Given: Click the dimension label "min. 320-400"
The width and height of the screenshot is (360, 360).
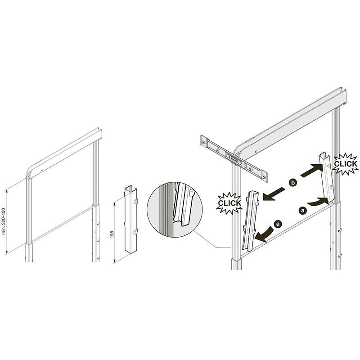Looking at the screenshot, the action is coord(4,221).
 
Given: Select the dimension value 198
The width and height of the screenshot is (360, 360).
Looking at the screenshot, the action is coord(112,234).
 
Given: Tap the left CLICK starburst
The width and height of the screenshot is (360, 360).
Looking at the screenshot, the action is coord(229,203).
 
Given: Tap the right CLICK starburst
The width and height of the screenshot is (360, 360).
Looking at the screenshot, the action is coord(345,164).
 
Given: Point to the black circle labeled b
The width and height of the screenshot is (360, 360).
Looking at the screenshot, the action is coord(293,183).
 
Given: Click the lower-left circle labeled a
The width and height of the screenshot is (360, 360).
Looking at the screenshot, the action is coord(278,224).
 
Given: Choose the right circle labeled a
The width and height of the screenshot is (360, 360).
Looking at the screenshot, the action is coord(303,210).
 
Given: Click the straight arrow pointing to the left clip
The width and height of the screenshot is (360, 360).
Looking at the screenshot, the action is coord(273,194).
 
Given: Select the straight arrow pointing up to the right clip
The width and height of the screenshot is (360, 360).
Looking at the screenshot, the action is coord(312,171).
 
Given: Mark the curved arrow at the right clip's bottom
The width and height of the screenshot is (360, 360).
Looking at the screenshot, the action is coord(318,201).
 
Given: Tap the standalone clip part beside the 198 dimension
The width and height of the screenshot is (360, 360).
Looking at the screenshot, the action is coord(131,219).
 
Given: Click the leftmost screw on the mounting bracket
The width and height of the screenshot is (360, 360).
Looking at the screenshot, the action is coord(204,143).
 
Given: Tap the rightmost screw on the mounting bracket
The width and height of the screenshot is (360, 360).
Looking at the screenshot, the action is coord(265,177).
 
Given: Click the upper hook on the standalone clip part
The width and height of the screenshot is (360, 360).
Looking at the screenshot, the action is coord(135,201).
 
